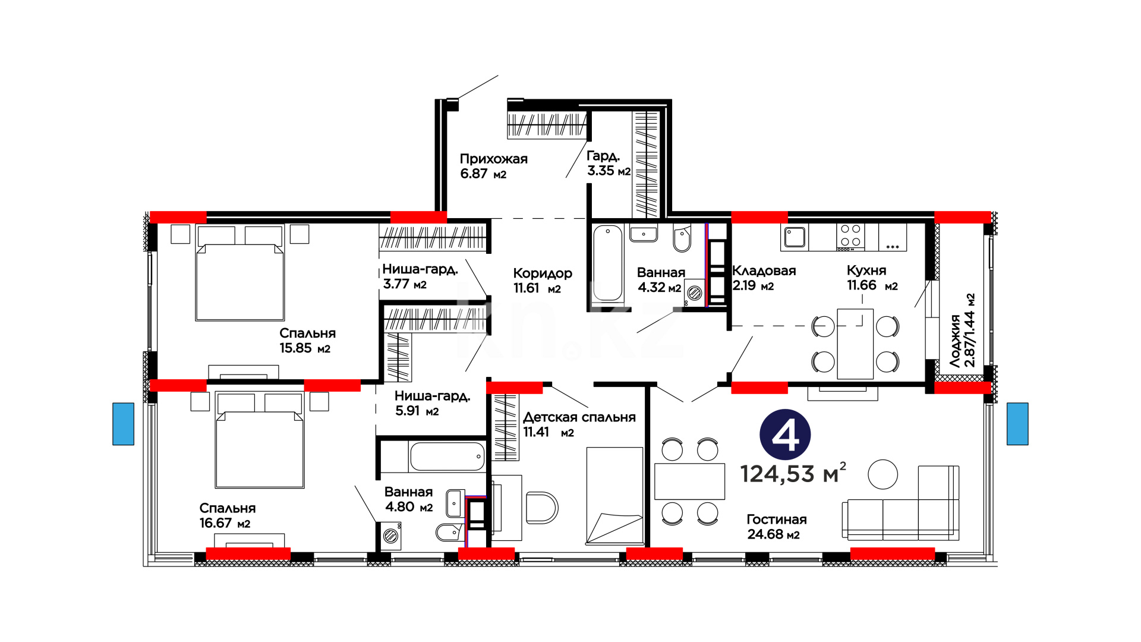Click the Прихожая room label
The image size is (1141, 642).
(494, 159)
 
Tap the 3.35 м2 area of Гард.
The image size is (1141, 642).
(609, 171)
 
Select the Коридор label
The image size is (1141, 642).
(543, 273)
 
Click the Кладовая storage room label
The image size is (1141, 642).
(764, 270)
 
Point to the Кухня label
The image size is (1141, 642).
(866, 270)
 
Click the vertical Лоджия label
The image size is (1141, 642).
(955, 341)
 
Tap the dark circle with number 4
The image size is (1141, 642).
(785, 435)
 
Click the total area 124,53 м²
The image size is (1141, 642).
(793, 473)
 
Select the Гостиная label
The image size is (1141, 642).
(776, 520)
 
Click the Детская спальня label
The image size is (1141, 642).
(579, 417)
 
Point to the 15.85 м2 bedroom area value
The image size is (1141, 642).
(305, 348)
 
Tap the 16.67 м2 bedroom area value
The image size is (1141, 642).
(225, 523)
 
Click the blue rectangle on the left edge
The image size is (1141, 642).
(124, 424)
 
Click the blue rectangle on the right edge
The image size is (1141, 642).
(1017, 424)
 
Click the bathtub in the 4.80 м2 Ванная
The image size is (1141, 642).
(447, 457)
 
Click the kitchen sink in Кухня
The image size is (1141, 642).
(795, 237)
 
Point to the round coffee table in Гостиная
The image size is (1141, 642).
(882, 474)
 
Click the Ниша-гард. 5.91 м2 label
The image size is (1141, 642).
(432, 403)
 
